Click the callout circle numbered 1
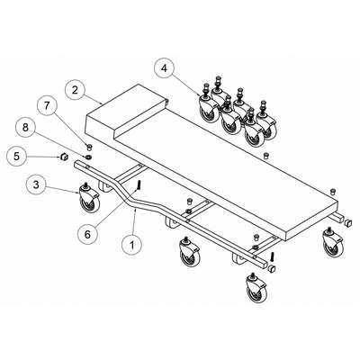132,244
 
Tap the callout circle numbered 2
75,90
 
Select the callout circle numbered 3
36,184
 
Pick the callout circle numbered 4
164,68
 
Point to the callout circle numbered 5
17,156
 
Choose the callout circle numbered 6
87,234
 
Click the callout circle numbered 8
25,127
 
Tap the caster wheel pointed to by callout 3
89,198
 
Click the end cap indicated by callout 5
64,157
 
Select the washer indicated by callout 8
88,157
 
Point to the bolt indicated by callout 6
139,185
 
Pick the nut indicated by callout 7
89,147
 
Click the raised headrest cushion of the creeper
126,112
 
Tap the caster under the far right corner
333,244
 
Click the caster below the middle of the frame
189,252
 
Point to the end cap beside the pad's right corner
348,222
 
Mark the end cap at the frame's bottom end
272,268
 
